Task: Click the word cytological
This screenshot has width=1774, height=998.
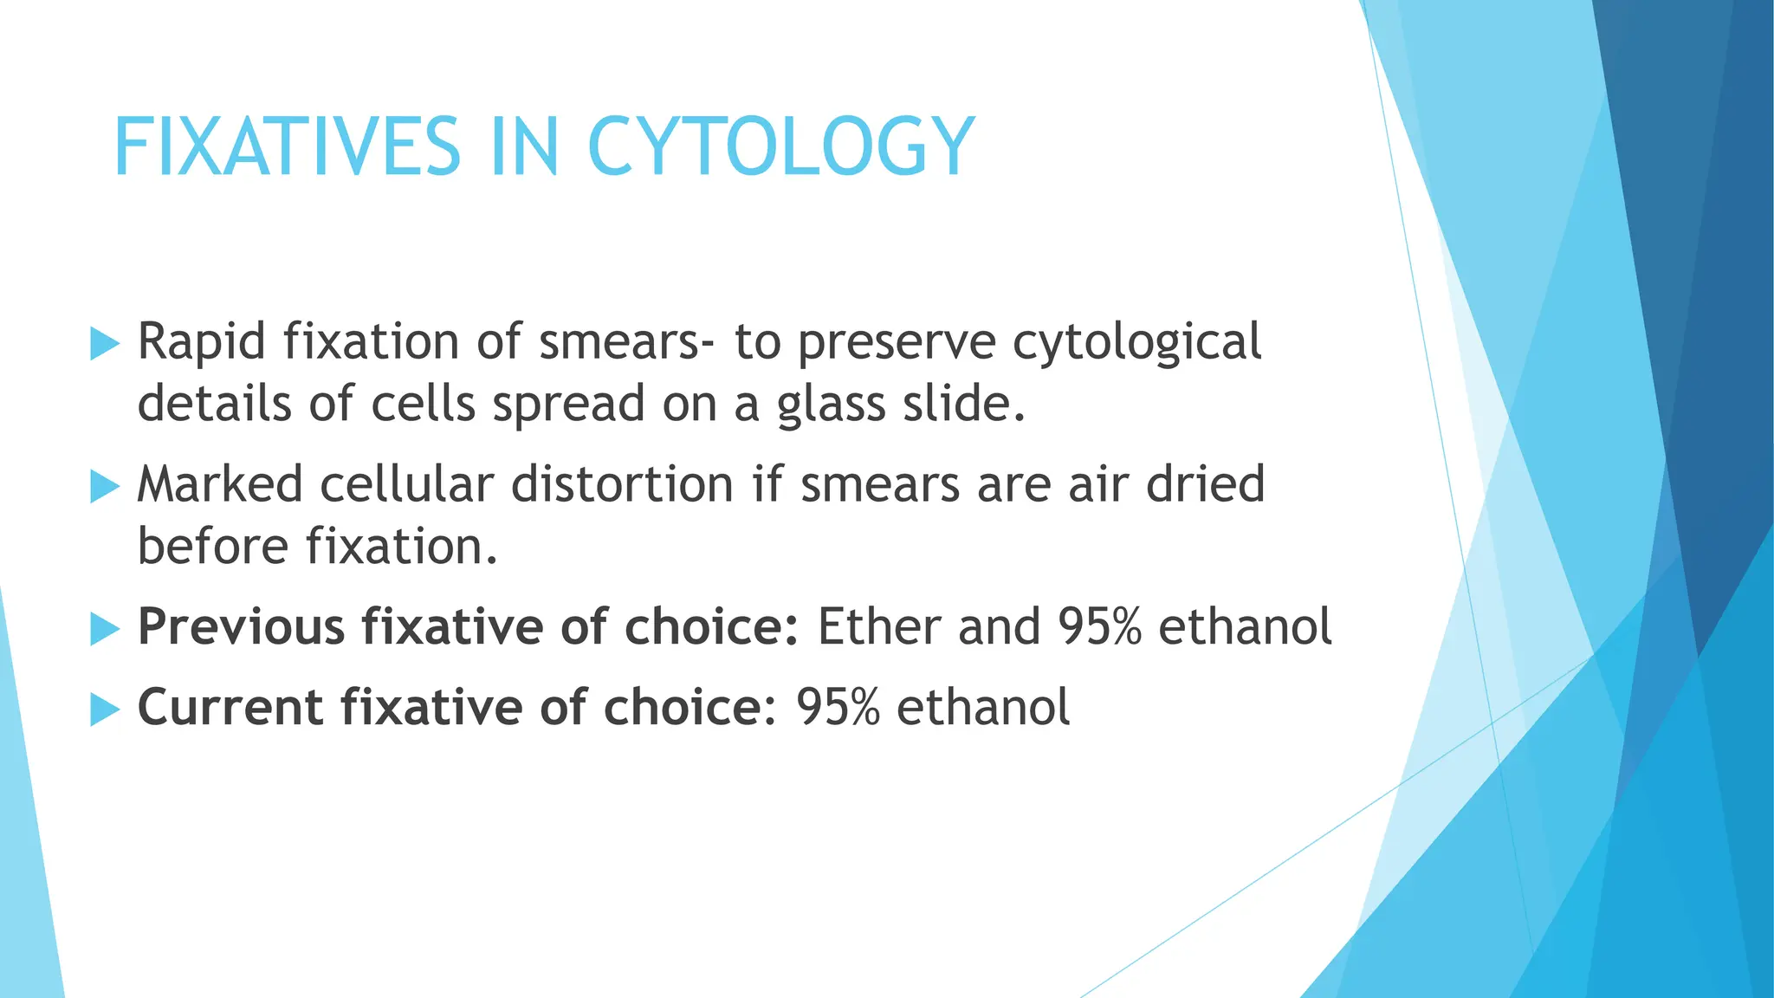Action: [x=1136, y=341]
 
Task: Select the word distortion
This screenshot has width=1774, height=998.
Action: [x=622, y=484]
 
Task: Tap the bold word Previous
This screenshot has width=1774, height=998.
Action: [x=241, y=626]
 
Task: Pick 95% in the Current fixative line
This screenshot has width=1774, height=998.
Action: [x=838, y=707]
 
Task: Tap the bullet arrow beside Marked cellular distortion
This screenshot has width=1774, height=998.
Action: [x=104, y=487]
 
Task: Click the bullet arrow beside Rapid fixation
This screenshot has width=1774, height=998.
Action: [x=104, y=344]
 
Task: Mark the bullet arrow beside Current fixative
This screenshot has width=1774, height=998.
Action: [x=104, y=710]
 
